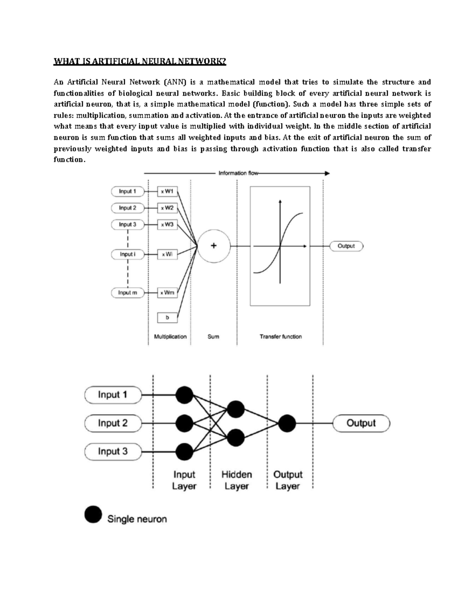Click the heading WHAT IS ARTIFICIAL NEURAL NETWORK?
coord(140,61)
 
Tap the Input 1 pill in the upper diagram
coord(128,191)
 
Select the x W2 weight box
coord(167,208)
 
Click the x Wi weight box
coord(167,254)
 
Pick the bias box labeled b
coord(167,317)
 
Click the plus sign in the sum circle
coord(214,246)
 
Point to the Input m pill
coord(128,293)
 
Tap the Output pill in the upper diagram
coord(346,246)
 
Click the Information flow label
coord(238,173)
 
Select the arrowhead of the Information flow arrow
coord(327,173)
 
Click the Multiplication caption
coord(170,337)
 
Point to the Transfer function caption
coord(281,337)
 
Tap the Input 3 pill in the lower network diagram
coord(113,451)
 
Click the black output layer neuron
coord(287,423)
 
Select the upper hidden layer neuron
coord(235,409)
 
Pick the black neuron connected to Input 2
coord(185,423)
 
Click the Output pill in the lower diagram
coord(361,423)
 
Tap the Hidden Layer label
coord(237,480)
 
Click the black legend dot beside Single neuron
coord(93,515)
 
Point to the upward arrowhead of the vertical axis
coord(280,201)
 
